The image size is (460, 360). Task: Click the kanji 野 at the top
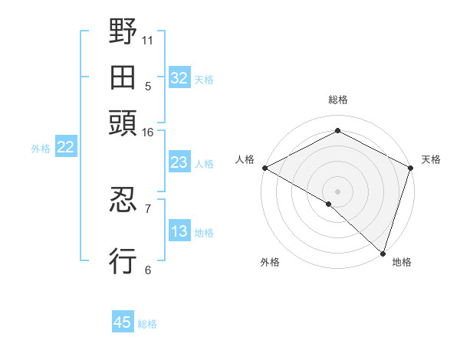[x=123, y=32]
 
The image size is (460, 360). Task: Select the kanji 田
[x=123, y=77]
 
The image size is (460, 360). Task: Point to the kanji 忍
[x=123, y=201]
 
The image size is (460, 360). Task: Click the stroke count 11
[x=148, y=40]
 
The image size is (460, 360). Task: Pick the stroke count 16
[x=148, y=133]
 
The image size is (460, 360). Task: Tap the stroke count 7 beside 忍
[x=148, y=208]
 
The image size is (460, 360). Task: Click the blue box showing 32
[x=179, y=78]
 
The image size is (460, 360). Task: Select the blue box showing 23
[x=179, y=162]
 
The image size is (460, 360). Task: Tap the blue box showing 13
[x=179, y=232]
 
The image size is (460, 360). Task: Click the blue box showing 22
[x=65, y=148]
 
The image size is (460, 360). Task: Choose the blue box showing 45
[x=122, y=322]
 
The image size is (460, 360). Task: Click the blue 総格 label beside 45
[x=147, y=324]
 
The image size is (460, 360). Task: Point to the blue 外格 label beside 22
[x=41, y=149]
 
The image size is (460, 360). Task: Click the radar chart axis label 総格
[x=337, y=100]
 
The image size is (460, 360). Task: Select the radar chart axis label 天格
[x=431, y=159]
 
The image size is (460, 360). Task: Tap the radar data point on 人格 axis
[x=264, y=168]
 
